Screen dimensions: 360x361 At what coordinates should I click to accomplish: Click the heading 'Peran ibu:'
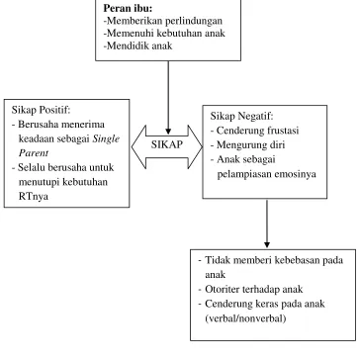point(128,8)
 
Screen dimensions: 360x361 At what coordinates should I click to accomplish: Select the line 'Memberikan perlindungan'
point(164,21)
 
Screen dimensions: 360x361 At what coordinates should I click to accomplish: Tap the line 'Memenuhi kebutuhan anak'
point(165,34)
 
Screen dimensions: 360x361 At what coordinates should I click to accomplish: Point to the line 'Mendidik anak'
point(138,45)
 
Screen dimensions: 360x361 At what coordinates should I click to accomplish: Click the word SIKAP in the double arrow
point(167,144)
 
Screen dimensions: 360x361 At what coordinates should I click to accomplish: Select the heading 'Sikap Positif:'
point(42,110)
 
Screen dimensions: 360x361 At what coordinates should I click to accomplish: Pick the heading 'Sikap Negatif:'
point(242,116)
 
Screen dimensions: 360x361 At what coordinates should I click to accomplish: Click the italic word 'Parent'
point(34,153)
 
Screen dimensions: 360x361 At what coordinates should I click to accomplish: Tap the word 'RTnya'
point(34,197)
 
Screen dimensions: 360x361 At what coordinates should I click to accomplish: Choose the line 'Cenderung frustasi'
point(258,131)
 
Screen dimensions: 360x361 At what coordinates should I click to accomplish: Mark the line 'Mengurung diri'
point(250,145)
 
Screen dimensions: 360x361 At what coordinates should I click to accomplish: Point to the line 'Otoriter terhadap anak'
point(254,289)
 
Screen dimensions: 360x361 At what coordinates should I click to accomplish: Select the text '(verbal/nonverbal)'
point(245,318)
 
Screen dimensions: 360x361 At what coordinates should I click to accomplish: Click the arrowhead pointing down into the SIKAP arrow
point(168,131)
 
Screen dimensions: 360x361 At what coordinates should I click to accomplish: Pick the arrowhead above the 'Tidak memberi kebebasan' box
point(267,244)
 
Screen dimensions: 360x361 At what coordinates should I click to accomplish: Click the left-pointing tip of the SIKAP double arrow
point(133,147)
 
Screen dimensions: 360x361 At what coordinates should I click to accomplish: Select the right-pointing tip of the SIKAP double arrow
point(202,147)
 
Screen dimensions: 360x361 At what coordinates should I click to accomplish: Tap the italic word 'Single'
point(106,138)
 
